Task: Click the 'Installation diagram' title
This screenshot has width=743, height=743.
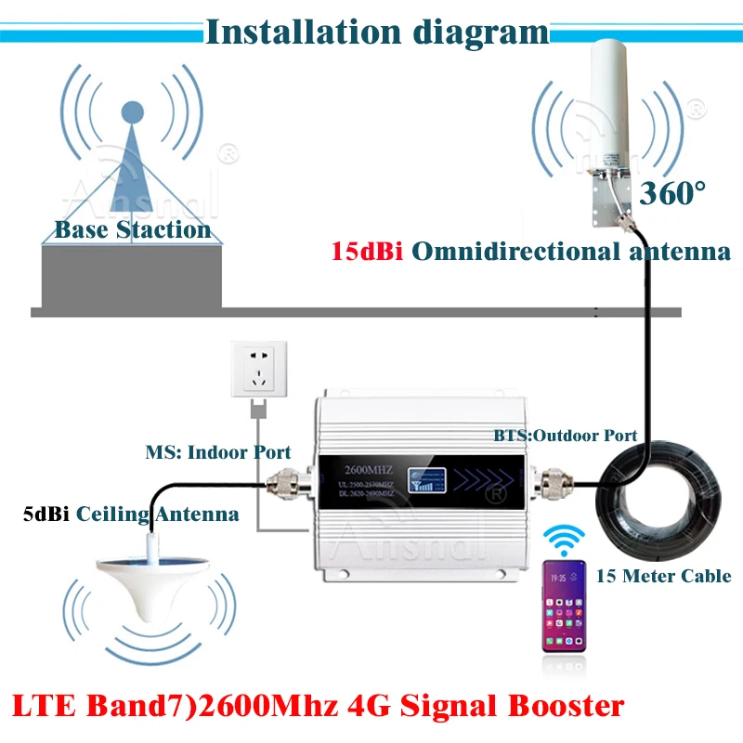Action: tap(376, 32)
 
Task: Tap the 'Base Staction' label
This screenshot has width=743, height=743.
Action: tap(132, 228)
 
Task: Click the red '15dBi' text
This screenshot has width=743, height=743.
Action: tap(367, 252)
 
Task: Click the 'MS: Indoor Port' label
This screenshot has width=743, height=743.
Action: tap(218, 452)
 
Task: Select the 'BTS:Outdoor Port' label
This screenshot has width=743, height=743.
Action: tap(565, 435)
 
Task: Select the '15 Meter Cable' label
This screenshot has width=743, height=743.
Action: tap(663, 576)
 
